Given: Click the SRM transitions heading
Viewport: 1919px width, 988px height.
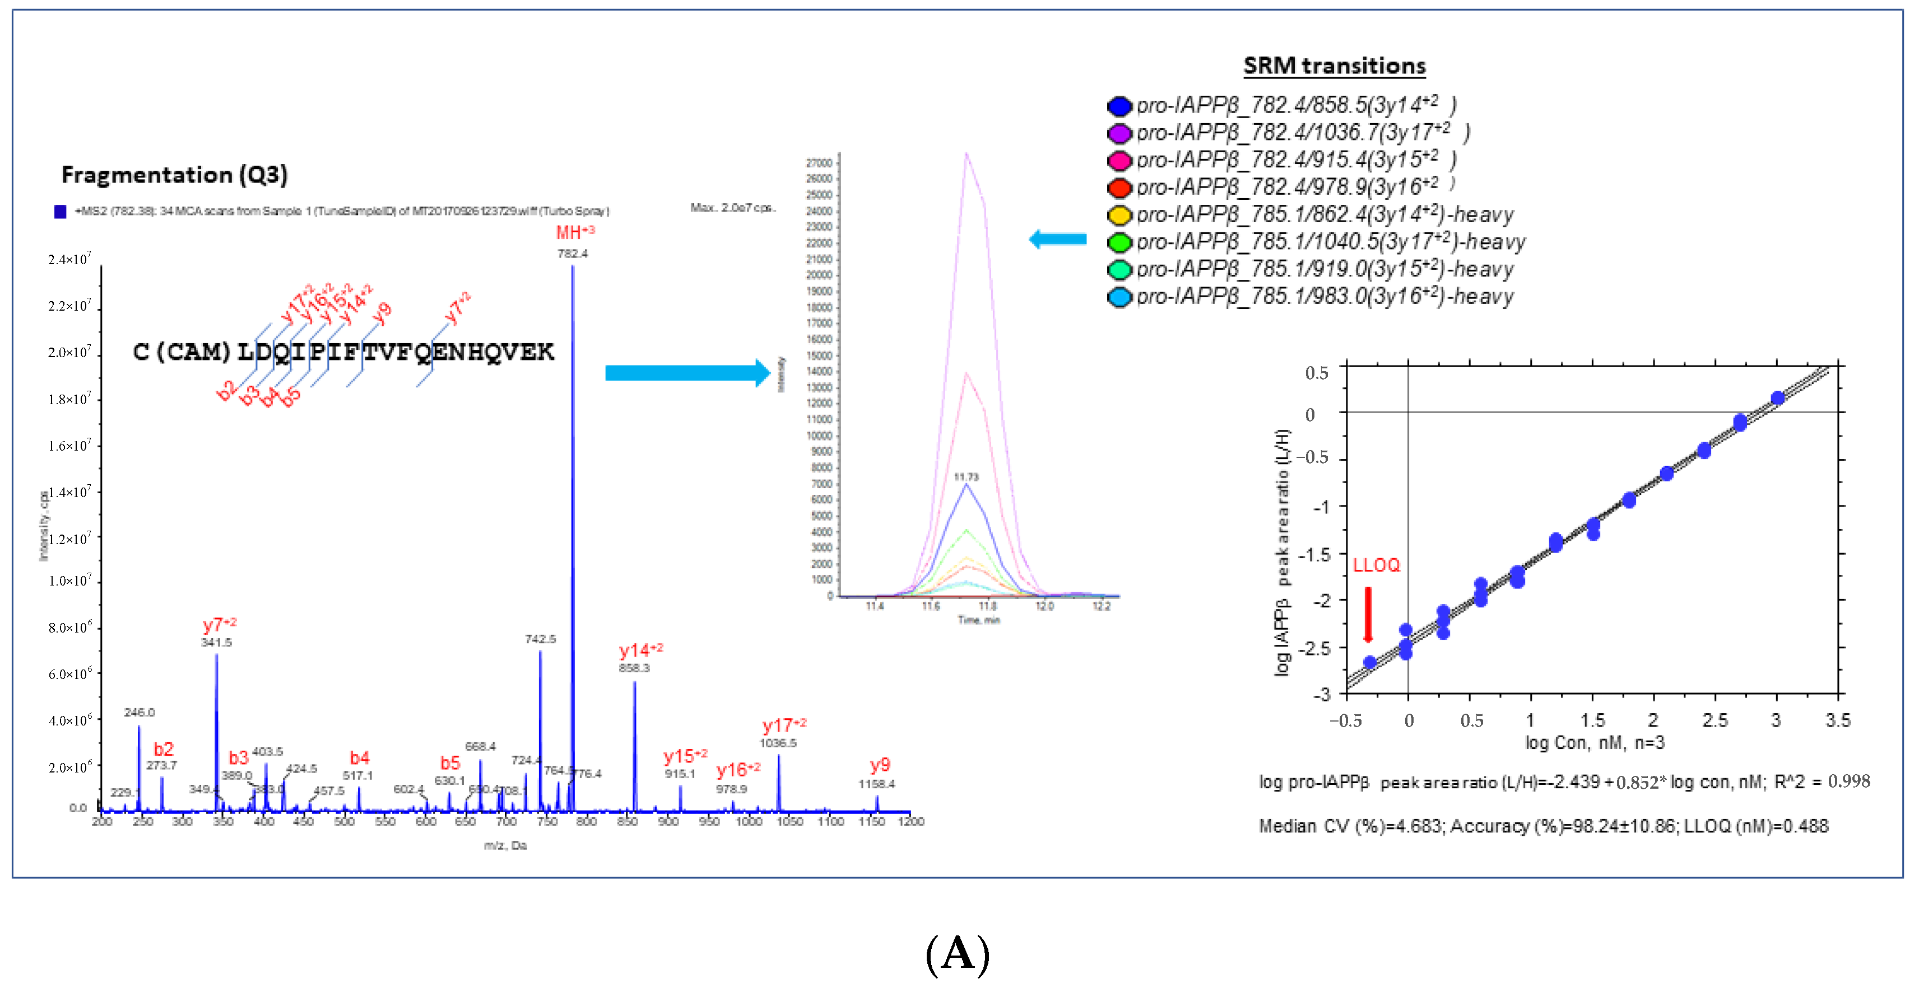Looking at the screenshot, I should [1333, 65].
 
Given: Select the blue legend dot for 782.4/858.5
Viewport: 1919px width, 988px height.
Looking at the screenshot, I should [1119, 106].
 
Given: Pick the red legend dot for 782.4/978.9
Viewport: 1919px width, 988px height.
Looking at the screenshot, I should [1119, 188].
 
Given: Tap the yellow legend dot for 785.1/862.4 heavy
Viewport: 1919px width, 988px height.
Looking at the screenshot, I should [1119, 215].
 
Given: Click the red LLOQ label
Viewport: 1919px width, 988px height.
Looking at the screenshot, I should [1376, 565].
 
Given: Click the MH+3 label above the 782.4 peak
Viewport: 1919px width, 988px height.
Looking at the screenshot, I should [574, 232].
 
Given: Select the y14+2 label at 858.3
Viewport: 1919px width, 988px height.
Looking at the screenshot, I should [640, 650].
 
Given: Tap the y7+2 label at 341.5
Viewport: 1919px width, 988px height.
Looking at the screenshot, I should [219, 624].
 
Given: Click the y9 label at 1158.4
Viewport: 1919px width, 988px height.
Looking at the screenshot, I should [880, 765].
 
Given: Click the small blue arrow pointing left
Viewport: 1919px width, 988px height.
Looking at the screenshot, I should [1057, 239].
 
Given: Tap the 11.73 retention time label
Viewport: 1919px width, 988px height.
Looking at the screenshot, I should [966, 476].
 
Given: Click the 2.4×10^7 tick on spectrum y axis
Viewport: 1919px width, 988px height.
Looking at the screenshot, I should [69, 259].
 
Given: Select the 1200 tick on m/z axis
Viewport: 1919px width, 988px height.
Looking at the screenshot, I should [910, 821].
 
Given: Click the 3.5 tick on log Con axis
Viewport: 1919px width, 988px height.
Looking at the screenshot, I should [1838, 720].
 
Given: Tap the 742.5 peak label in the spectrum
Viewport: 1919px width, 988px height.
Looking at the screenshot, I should [540, 639].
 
